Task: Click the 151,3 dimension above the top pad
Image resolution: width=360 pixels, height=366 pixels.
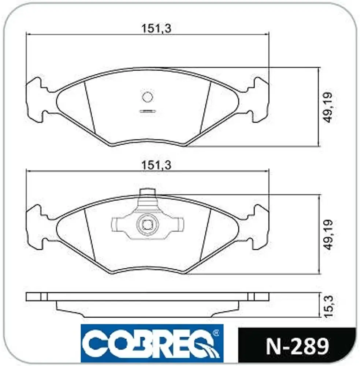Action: coord(156,29)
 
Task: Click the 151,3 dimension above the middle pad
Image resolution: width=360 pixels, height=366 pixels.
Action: coord(156,165)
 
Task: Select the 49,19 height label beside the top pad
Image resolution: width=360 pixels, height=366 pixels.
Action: coord(328,107)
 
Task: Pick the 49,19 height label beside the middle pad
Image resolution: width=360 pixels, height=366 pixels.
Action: coord(328,235)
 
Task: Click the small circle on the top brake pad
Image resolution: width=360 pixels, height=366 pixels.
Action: coord(148,97)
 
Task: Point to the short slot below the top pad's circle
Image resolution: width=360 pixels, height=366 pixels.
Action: coord(147,111)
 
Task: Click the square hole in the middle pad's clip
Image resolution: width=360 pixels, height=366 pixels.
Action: coord(148,224)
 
